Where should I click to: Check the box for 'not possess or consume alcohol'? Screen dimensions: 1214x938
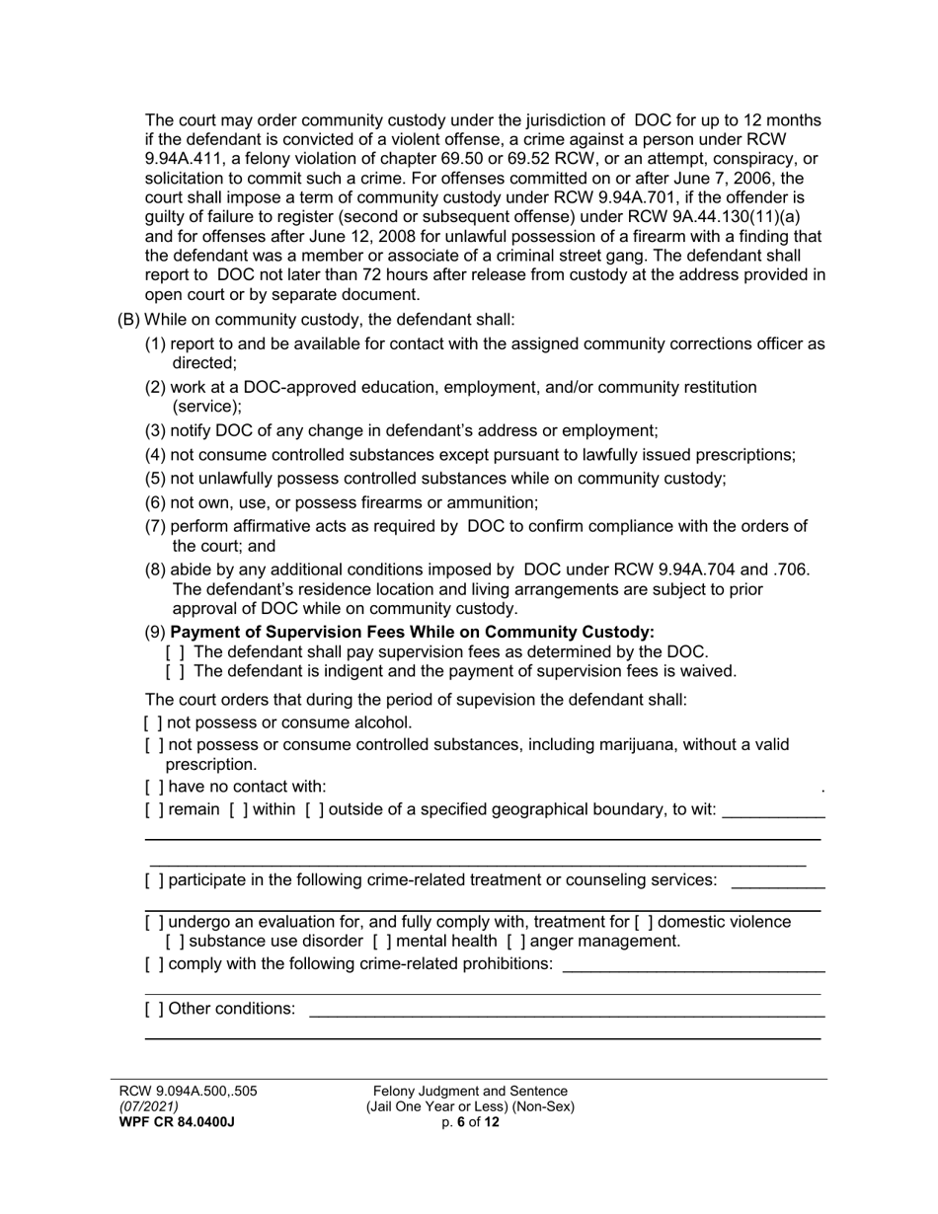tap(153, 722)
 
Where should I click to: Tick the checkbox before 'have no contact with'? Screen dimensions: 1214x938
tap(153, 787)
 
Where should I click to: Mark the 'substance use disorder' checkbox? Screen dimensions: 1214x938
tap(176, 942)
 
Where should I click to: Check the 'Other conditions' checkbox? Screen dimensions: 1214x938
tap(153, 1009)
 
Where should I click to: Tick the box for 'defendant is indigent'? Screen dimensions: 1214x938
tap(176, 672)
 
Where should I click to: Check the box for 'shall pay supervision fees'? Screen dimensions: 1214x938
tap(176, 652)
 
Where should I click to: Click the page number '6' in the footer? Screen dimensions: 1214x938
tap(460, 1122)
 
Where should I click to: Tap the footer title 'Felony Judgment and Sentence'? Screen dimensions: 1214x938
tap(470, 1092)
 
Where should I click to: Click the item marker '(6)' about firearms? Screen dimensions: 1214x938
tap(156, 502)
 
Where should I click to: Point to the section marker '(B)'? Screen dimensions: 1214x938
tap(128, 320)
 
